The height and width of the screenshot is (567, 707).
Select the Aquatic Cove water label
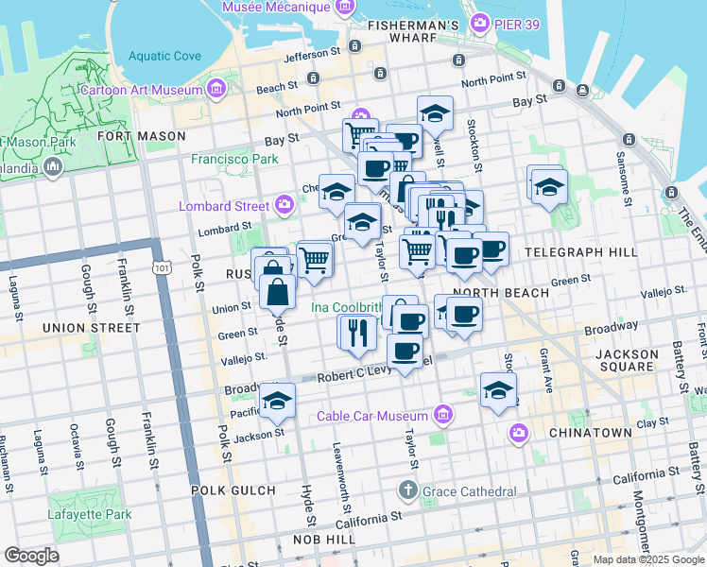coord(165,56)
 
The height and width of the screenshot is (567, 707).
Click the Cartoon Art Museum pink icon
coord(217,91)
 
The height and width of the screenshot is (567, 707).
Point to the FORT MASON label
coord(142,136)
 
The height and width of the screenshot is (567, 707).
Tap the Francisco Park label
coord(234,160)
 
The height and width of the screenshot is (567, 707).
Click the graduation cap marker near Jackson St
coord(277,402)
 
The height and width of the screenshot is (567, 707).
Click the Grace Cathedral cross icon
coord(407,490)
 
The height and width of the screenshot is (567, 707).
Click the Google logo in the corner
coord(32,556)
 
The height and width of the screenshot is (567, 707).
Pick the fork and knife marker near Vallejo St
coord(356,332)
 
